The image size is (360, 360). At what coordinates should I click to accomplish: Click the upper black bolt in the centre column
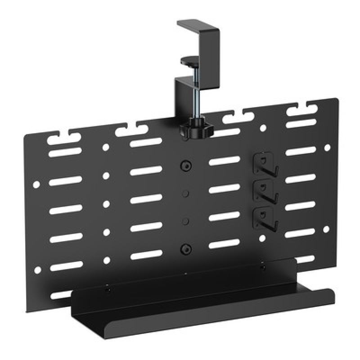[x=185, y=165]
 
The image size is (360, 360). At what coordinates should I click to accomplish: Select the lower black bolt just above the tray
[x=185, y=248]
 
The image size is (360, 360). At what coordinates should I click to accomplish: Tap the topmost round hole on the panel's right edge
[x=327, y=147]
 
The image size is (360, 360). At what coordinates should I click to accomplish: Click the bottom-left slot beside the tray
[x=60, y=295]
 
